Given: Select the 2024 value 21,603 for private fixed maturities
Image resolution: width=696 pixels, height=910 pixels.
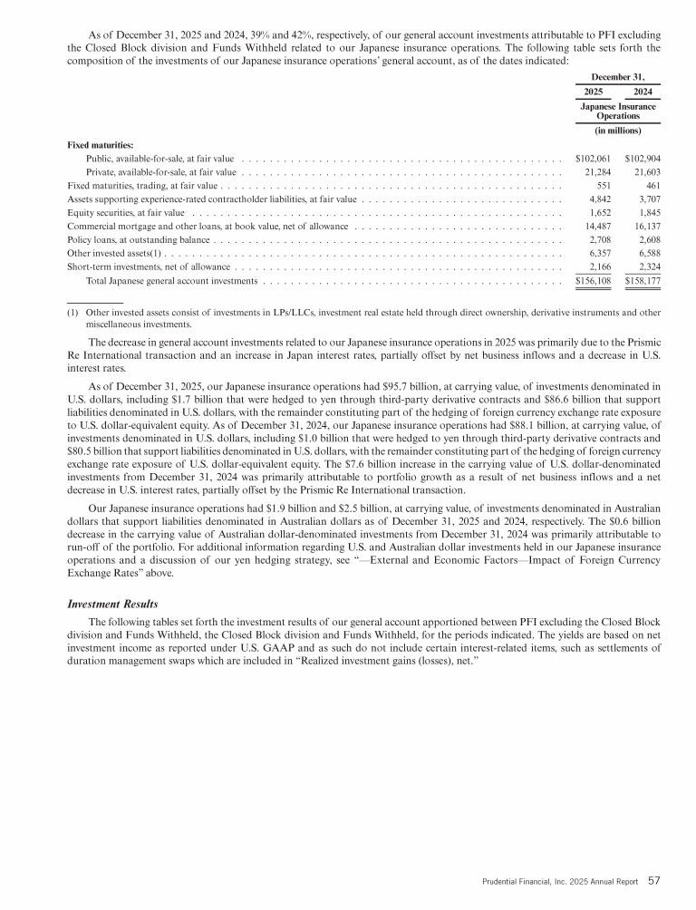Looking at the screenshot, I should [x=644, y=171].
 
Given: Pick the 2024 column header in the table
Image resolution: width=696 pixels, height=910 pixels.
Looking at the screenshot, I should [x=643, y=92].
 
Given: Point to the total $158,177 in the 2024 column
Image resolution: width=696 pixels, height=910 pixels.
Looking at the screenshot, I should [x=643, y=282].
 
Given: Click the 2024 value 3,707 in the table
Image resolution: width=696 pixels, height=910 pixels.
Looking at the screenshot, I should [x=648, y=198].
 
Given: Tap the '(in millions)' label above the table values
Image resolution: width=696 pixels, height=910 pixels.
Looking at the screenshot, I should [x=617, y=131].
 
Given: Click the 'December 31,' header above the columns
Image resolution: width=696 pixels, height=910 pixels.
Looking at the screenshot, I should [x=618, y=76].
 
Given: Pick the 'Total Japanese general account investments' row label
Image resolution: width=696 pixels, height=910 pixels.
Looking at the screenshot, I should [x=171, y=282].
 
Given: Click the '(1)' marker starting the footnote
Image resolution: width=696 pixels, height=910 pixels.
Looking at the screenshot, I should [x=73, y=313].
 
